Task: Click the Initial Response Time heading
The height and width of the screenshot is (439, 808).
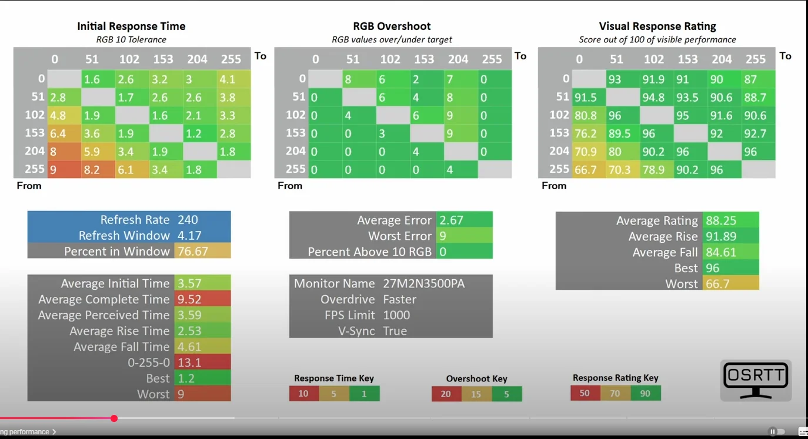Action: [131, 26]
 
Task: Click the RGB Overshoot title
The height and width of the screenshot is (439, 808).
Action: [392, 26]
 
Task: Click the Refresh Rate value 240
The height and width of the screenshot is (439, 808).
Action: [188, 220]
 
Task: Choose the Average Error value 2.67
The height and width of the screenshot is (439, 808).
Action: [451, 220]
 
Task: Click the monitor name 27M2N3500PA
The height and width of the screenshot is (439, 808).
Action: [423, 284]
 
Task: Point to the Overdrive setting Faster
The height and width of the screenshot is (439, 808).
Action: [399, 300]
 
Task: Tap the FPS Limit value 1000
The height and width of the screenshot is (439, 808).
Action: [396, 316]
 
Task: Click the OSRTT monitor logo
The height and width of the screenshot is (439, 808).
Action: [756, 380]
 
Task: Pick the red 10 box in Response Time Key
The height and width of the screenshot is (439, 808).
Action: [303, 394]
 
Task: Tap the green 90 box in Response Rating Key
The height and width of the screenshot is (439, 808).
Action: [645, 393]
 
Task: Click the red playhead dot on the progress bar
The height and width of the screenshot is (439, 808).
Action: [114, 418]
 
